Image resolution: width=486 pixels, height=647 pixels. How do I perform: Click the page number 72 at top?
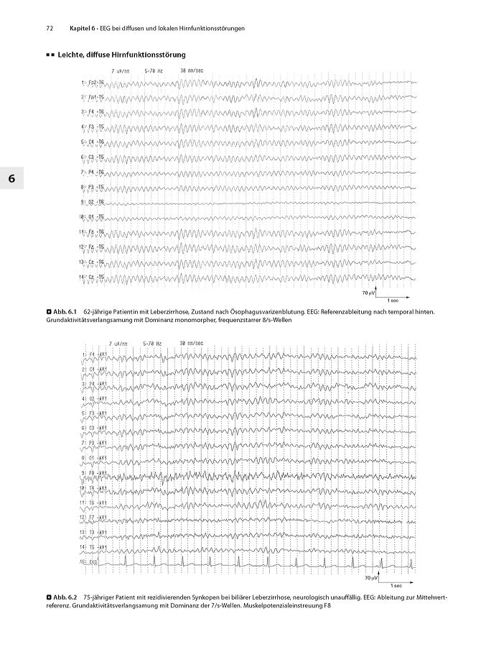pos(50,29)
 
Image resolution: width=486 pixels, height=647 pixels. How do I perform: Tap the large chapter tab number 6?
pos(11,178)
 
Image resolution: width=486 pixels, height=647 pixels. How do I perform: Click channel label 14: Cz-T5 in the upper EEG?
pos(93,277)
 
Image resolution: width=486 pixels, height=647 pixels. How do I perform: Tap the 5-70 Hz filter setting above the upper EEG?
pos(154,70)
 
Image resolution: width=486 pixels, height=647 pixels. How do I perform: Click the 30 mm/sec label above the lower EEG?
pos(191,342)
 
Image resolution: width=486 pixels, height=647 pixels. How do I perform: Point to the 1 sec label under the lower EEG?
pos(397,586)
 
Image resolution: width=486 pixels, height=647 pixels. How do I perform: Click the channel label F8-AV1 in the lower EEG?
pos(94,473)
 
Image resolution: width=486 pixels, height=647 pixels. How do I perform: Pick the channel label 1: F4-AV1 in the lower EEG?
pos(93,354)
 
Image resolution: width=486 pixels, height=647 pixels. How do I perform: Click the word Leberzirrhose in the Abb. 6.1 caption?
pos(159,311)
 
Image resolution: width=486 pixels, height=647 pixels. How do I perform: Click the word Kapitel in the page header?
pos(81,29)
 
